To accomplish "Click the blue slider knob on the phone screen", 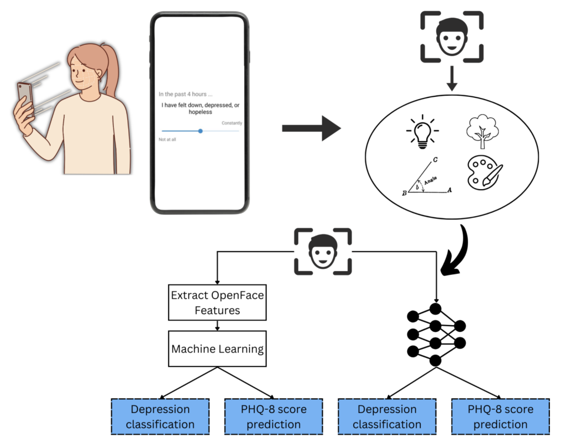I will point(200,131).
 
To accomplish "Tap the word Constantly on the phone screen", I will point(231,123).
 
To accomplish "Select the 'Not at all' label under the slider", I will point(167,139).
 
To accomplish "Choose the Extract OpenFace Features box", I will point(217,303).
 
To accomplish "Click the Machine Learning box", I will point(217,349).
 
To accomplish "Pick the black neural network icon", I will point(436,334).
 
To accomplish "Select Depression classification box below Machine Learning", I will point(160,416).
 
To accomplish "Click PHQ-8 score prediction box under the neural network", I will point(500,416).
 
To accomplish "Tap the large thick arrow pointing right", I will point(311,128).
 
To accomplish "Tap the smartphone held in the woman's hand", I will point(25,100).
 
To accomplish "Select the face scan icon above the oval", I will point(452,36).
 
